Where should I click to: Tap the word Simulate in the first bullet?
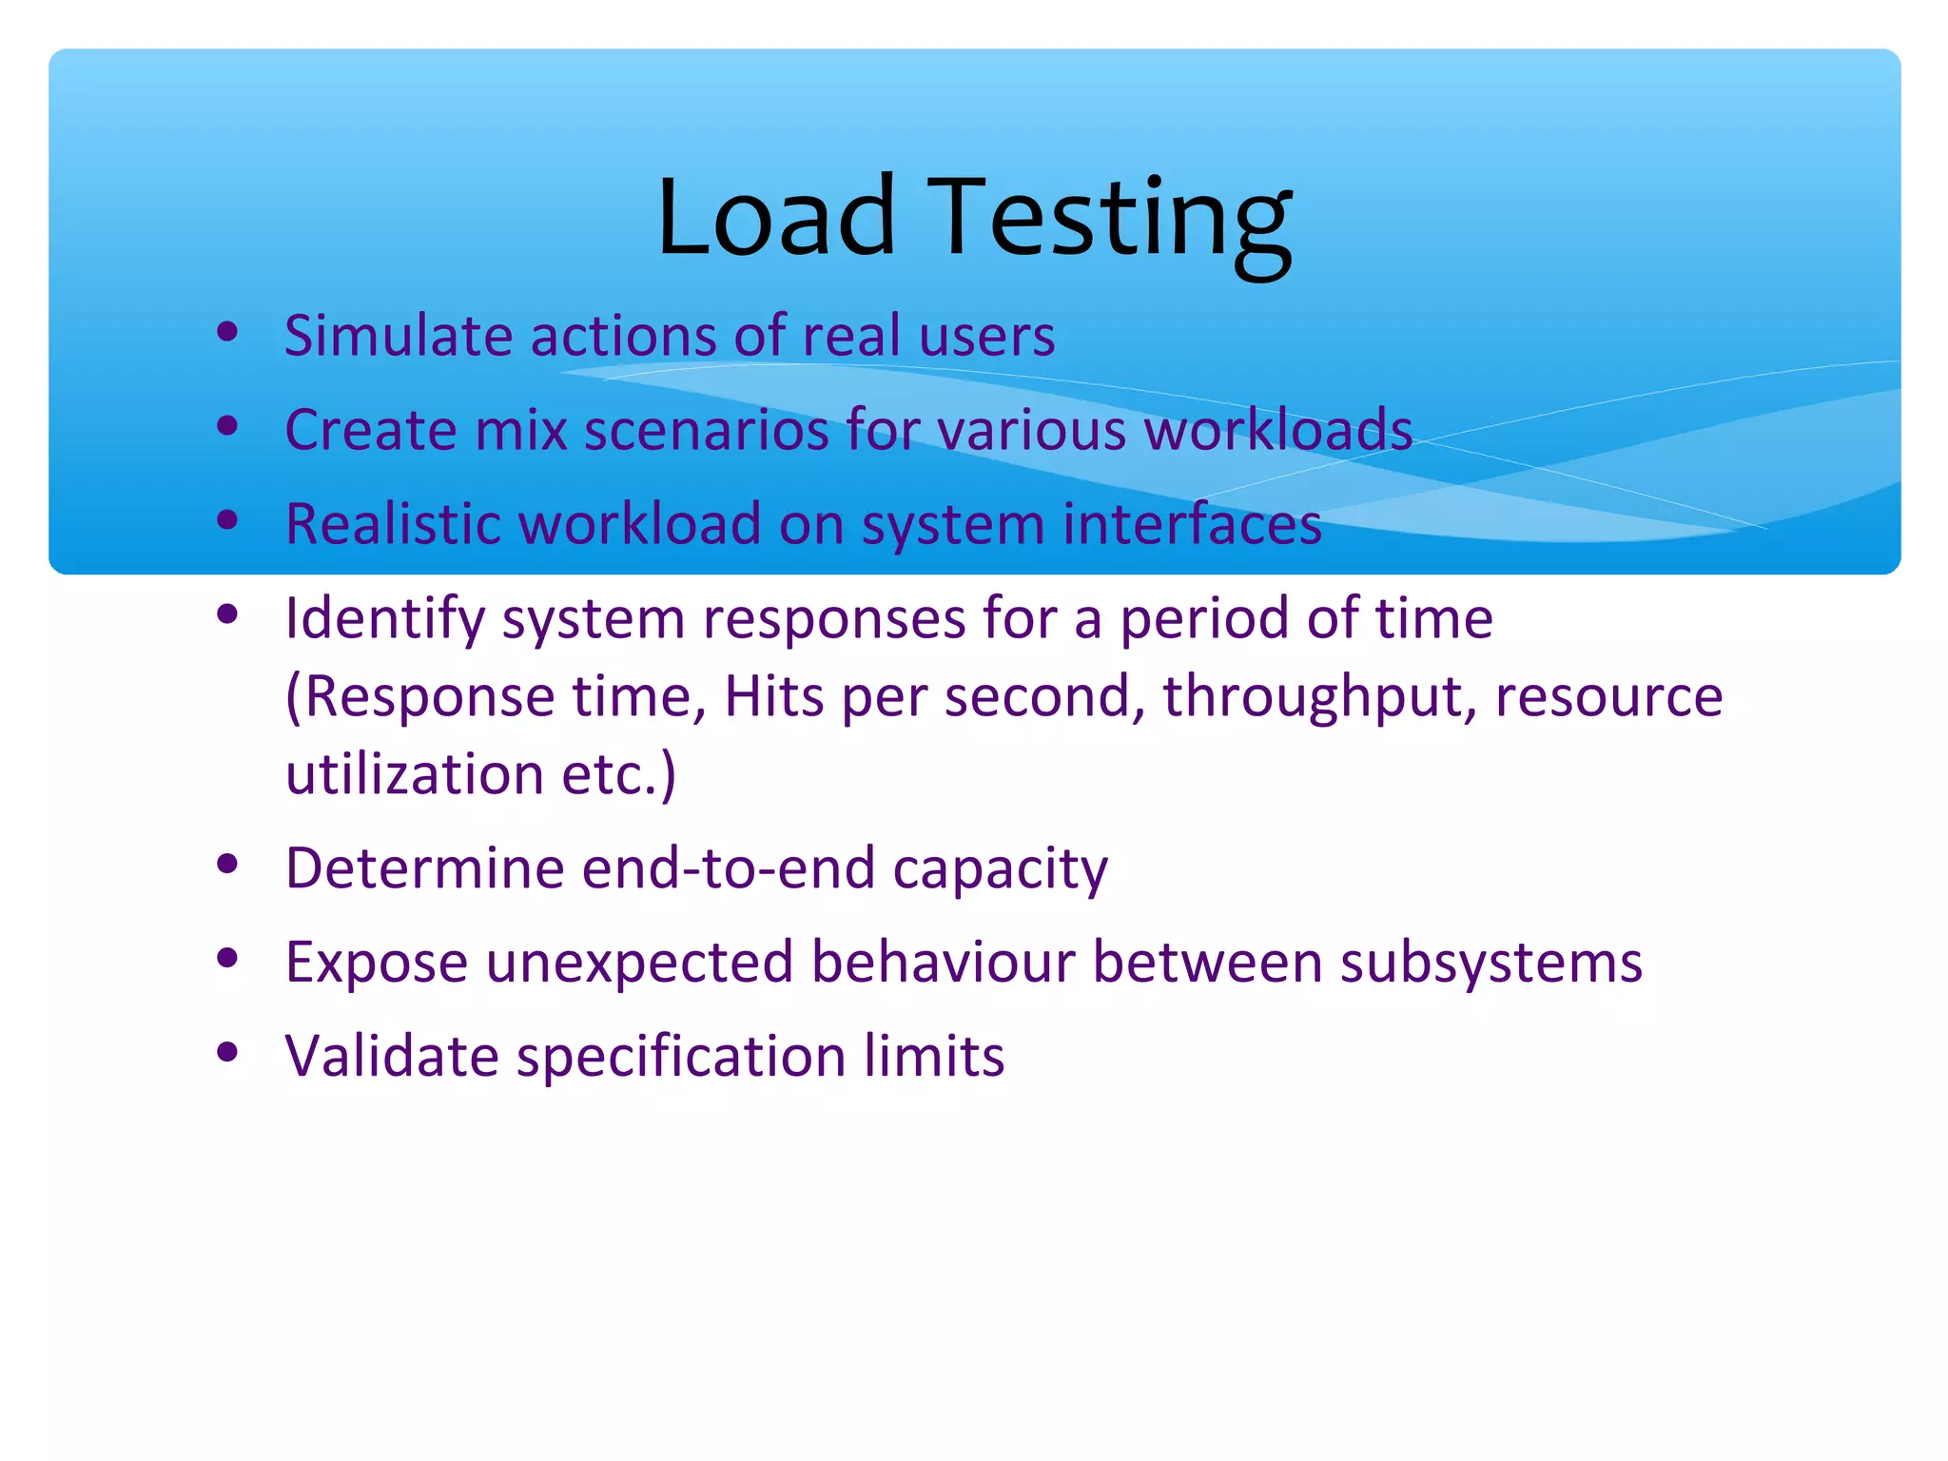click(x=399, y=336)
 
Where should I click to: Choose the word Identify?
click(x=385, y=619)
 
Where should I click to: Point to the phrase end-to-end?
click(x=729, y=868)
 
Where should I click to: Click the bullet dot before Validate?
click(x=226, y=1052)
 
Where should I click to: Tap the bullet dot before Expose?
click(x=226, y=958)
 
